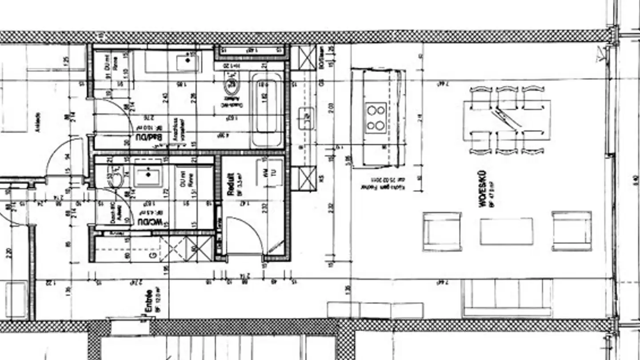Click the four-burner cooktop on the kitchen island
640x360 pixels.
[376, 117]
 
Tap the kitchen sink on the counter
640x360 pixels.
[306, 118]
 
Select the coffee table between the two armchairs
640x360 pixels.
[506, 231]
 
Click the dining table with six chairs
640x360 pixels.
[507, 120]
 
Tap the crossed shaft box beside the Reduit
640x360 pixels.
[306, 177]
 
